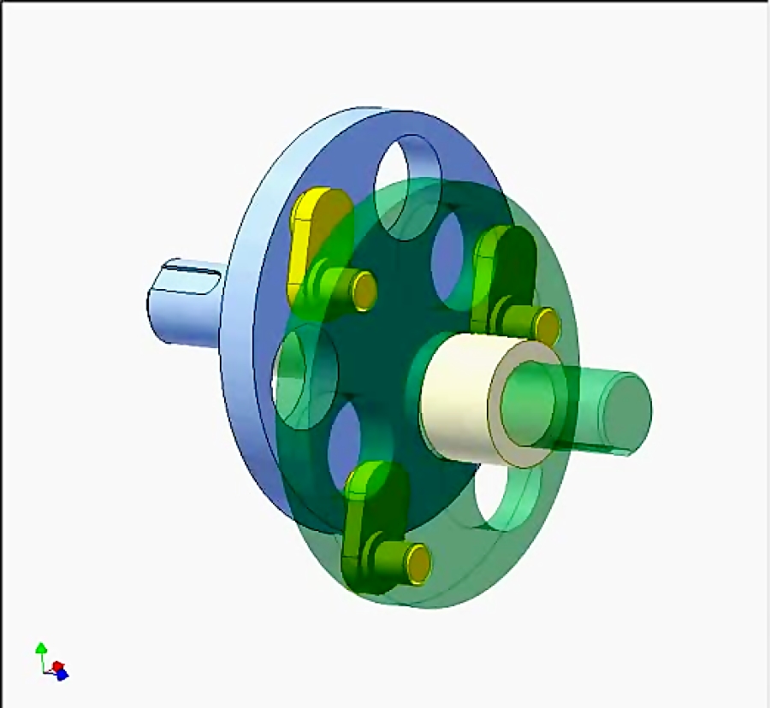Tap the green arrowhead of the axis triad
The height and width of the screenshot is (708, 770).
pyautogui.click(x=39, y=648)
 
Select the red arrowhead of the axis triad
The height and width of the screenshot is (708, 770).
pyautogui.click(x=57, y=665)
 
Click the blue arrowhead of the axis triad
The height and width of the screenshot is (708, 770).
pyautogui.click(x=62, y=675)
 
